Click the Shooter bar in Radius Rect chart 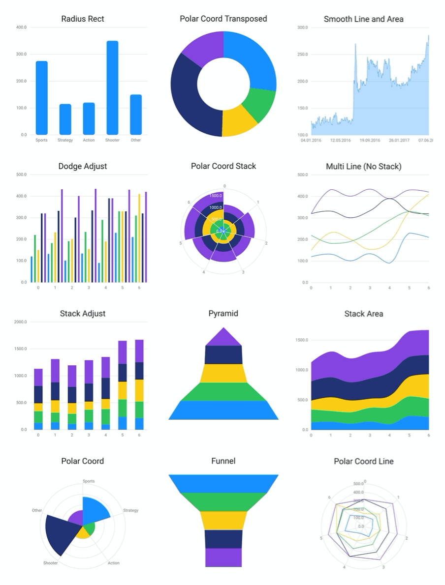pos(112,88)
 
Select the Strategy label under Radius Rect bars pos(65,140)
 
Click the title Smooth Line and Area pos(363,19)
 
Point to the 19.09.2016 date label pos(369,140)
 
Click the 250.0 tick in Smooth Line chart pos(302,55)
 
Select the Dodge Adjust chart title pos(83,166)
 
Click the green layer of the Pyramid pos(223,392)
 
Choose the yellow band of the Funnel pos(223,521)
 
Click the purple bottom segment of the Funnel pos(223,557)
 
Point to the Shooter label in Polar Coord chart pos(50,563)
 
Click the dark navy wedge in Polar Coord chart pos(58,533)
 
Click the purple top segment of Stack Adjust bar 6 pos(139,351)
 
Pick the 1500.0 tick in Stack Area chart pos(302,340)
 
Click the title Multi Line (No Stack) pos(363,167)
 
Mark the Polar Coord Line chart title pos(363,461)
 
